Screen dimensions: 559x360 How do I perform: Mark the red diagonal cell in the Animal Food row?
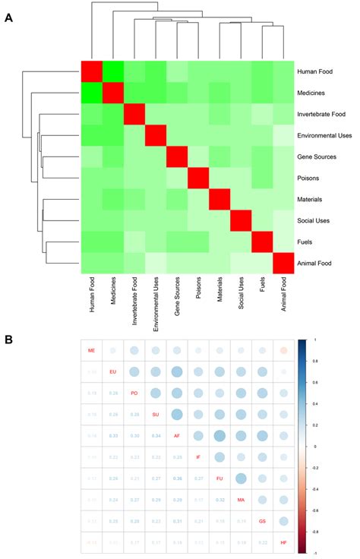coord(283,264)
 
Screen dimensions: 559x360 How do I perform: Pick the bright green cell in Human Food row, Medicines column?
coord(112,72)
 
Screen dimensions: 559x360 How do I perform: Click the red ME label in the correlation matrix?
coord(92,351)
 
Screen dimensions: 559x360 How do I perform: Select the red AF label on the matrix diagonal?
coord(177,436)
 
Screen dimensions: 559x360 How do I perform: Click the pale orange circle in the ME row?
coord(283,351)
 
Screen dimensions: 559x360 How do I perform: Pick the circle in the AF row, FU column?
coord(219,436)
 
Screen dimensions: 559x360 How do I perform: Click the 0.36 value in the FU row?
coord(177,479)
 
